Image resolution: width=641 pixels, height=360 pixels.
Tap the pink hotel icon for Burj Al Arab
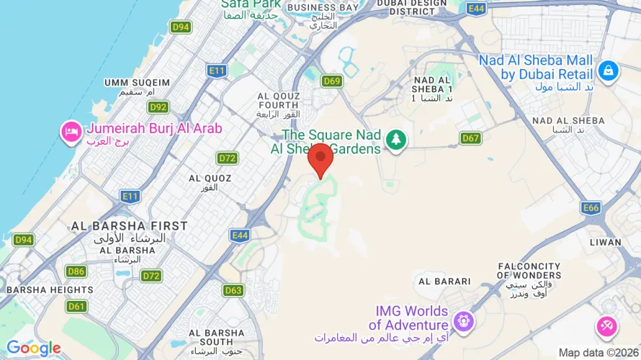[x=71, y=132]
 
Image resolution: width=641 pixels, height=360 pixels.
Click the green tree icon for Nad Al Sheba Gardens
[x=395, y=140]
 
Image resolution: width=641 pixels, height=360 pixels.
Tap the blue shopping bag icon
[x=608, y=71]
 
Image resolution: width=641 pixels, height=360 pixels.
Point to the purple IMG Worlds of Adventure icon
[x=462, y=319]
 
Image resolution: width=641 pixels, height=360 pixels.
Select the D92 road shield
[x=158, y=107]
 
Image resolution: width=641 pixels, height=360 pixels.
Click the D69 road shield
[x=332, y=81]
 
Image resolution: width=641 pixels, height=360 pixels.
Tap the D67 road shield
[x=470, y=138]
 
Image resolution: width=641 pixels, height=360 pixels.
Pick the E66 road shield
[x=591, y=208]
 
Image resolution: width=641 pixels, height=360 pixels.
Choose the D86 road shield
[x=76, y=271]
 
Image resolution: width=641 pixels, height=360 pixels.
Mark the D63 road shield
[x=233, y=291]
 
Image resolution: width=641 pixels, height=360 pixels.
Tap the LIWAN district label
[x=604, y=242]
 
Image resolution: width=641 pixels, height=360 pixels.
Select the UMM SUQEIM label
[x=137, y=83]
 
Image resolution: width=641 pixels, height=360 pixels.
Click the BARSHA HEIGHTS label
[x=50, y=289]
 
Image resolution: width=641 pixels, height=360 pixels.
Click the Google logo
[x=33, y=348]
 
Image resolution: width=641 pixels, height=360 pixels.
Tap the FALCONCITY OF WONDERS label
[x=529, y=271]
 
